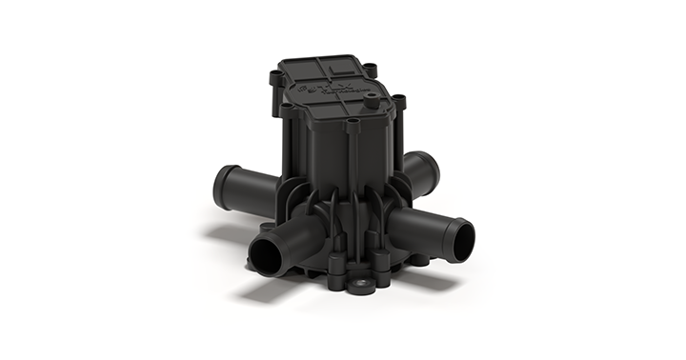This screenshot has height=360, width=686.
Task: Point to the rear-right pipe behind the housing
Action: tap(422, 169)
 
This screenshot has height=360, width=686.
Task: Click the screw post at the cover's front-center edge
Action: tap(353, 124)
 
